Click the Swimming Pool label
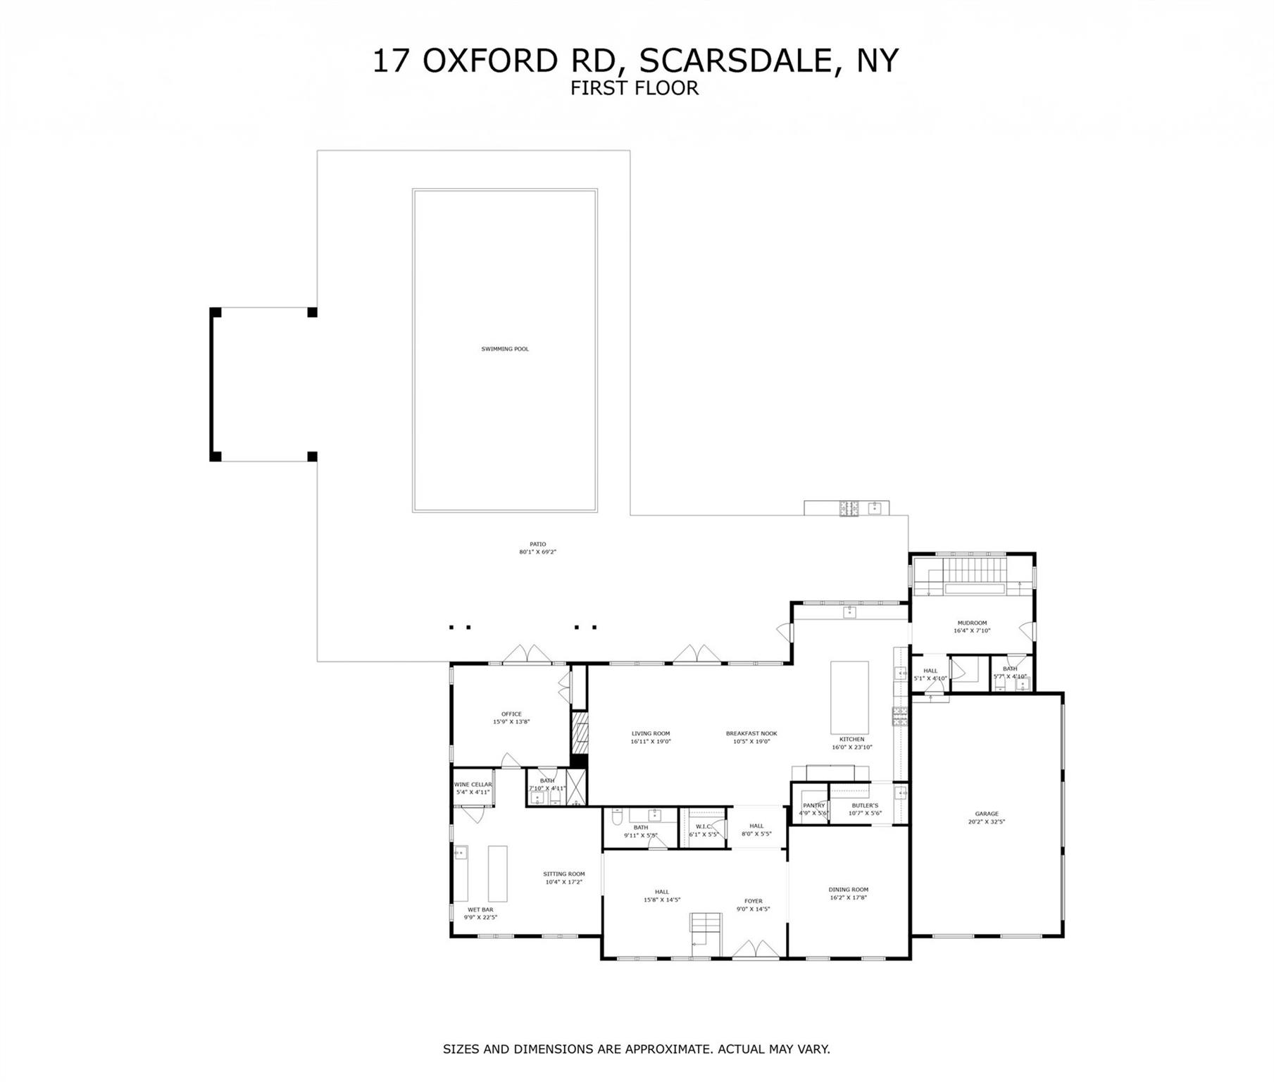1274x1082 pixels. coord(505,349)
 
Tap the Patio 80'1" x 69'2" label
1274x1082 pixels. coord(537,548)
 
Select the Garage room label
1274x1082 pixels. coord(986,817)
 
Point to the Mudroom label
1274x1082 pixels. coord(972,627)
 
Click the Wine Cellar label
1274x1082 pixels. coord(473,788)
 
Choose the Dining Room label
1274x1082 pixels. coord(848,893)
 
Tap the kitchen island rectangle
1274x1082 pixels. coord(849,697)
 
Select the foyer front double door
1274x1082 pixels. coord(756,950)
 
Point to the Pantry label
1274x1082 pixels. coord(813,809)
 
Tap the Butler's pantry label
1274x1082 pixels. coord(865,809)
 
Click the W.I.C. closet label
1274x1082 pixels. coord(702,831)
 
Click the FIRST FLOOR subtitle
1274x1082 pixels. coord(635,88)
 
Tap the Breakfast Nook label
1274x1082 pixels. coord(751,737)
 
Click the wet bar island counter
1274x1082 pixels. coord(498,873)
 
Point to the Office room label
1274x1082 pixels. coord(511,717)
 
